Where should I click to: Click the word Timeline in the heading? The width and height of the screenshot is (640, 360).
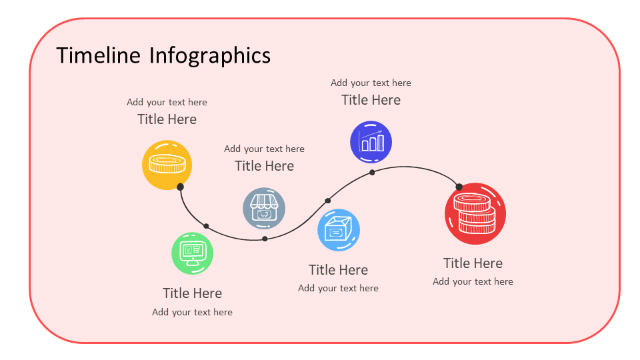coord(99,55)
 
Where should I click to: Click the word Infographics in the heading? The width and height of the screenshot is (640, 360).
coord(209,55)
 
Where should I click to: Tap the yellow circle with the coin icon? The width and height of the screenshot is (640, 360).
coord(167,164)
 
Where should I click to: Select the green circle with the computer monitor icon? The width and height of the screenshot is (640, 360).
coord(193,253)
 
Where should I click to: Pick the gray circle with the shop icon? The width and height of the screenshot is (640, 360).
coord(264,208)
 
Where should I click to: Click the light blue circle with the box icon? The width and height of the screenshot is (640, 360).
coord(339,230)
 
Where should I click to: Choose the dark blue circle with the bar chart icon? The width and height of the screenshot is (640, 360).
coord(371,141)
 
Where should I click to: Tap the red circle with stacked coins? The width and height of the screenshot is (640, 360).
coord(475,213)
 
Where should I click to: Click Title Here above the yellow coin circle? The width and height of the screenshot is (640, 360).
coord(167,119)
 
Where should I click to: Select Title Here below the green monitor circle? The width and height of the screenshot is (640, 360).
coord(192,293)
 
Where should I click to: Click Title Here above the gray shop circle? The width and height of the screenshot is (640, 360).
coord(264,166)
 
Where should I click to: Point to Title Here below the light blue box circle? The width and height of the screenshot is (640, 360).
coord(338,270)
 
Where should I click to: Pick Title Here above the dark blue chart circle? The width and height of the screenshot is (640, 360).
coord(371,100)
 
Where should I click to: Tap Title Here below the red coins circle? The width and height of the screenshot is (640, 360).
coord(473,263)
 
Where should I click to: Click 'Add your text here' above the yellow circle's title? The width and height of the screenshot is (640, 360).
coord(167,103)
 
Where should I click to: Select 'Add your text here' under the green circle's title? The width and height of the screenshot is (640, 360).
coord(192,312)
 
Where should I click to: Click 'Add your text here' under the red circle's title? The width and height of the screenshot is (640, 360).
coord(473,281)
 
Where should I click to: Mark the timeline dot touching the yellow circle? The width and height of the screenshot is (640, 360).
coord(180,187)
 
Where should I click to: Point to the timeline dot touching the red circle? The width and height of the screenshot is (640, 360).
coord(459,187)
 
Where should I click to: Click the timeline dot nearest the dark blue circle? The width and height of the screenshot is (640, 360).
coord(372,172)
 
